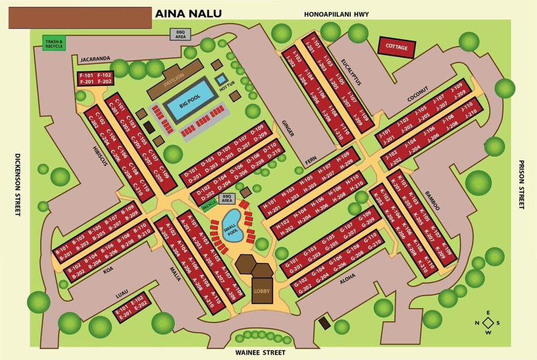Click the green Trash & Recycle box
[x=54, y=42]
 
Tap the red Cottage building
[x=397, y=47]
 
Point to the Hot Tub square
[x=222, y=80]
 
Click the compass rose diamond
[x=488, y=322]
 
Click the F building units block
[x=96, y=78]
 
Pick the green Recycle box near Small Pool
[x=209, y=204]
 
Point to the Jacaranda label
[x=95, y=58]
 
